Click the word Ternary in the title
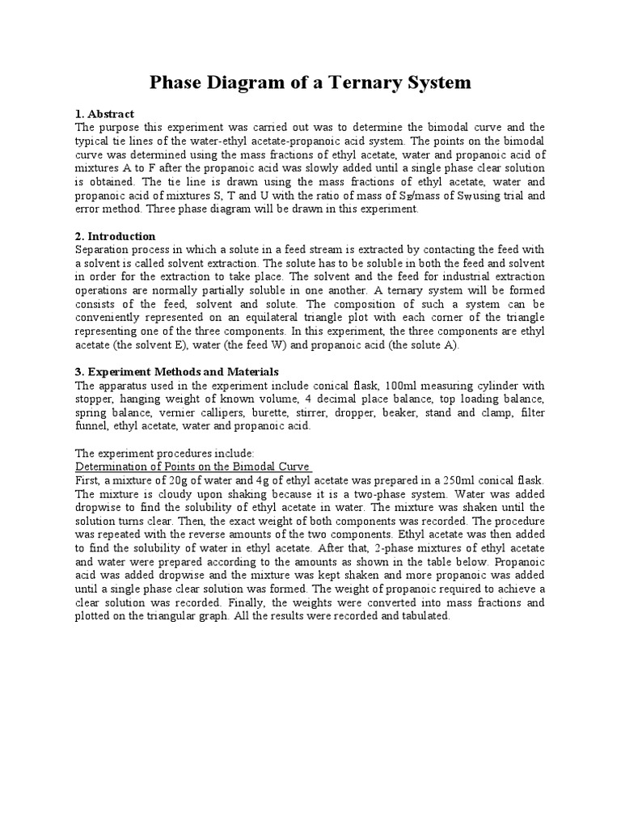click(361, 82)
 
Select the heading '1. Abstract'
click(104, 113)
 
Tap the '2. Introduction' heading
click(115, 236)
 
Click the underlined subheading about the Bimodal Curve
click(193, 467)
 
